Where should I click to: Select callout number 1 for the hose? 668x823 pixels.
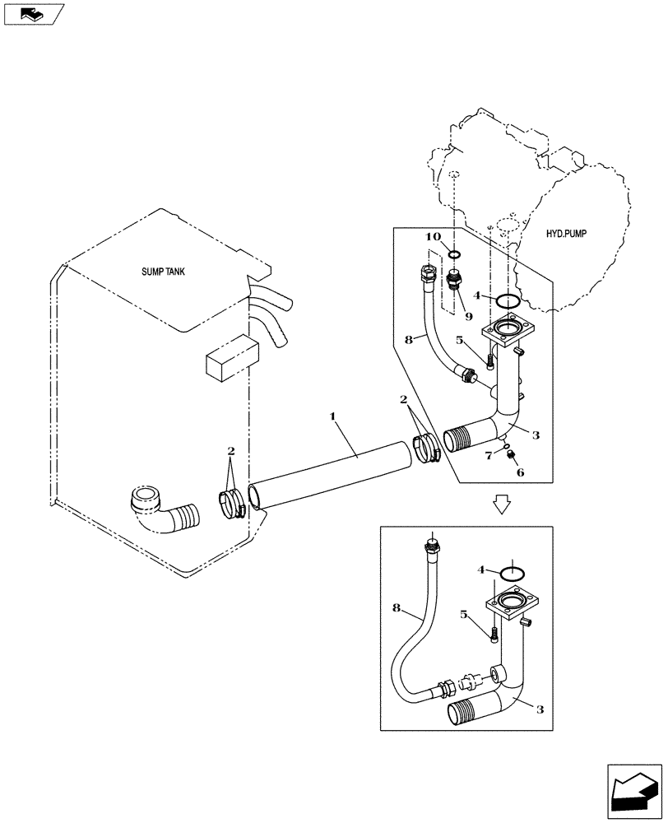click(x=332, y=418)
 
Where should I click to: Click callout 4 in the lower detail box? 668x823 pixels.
click(x=481, y=569)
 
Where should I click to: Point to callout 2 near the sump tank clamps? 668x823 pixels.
click(x=231, y=452)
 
